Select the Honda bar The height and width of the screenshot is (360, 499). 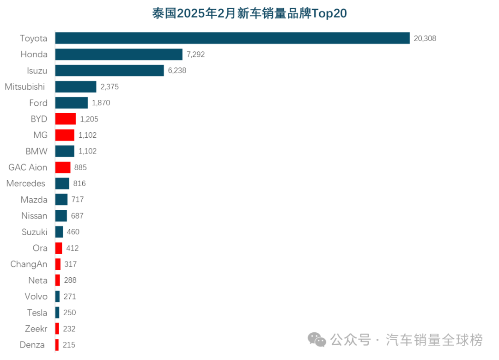point(119,55)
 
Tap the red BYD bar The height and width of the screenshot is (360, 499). point(65,119)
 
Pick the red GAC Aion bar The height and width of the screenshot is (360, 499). point(63,167)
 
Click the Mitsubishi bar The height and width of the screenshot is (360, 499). point(76,87)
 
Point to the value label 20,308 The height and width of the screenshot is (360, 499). point(425,38)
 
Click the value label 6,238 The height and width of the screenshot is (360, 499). point(177,71)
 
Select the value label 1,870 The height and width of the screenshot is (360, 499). point(101,103)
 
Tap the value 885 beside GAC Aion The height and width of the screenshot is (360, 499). point(80,167)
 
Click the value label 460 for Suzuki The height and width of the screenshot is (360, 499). point(73,232)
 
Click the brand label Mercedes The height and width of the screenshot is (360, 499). point(26,183)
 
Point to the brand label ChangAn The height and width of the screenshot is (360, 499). point(29,264)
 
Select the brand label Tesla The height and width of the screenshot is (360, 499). point(37,313)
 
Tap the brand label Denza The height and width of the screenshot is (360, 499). point(32,345)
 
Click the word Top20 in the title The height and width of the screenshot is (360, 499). point(329,13)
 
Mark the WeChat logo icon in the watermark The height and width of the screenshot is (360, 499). point(317,340)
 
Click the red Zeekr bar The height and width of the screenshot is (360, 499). point(57,329)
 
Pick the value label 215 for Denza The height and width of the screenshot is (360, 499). point(69,345)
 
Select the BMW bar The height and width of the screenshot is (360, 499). point(65,151)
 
